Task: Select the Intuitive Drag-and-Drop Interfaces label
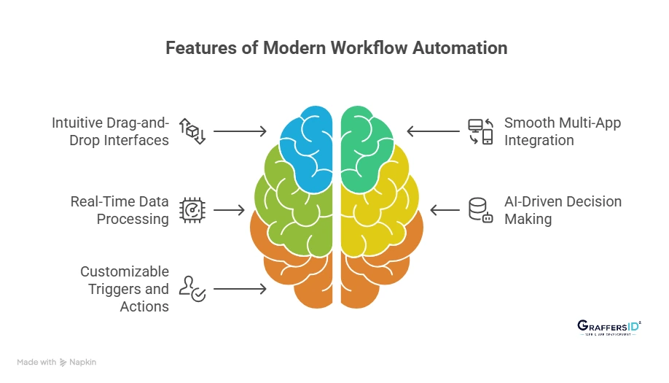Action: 111,131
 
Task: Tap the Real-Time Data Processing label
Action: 120,210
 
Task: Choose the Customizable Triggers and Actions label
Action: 125,289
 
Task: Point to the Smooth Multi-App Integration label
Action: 562,131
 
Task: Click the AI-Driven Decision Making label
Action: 563,210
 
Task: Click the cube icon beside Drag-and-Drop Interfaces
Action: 192,131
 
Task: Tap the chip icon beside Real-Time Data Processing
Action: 192,210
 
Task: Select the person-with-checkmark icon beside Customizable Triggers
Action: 192,289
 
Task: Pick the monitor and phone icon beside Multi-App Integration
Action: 480,131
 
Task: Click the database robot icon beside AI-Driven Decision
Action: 480,210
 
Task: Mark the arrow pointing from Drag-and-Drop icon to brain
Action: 240,131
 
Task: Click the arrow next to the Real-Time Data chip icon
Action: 230,210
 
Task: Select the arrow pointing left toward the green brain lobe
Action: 432,131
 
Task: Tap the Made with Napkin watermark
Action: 57,362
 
